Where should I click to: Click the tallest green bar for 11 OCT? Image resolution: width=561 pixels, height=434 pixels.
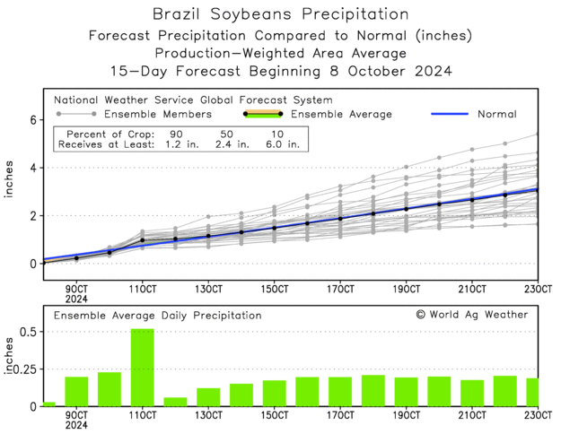[x=142, y=368]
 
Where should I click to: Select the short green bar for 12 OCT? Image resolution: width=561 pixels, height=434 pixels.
[x=175, y=402]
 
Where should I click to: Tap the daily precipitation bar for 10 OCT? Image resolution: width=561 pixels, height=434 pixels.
[x=110, y=389]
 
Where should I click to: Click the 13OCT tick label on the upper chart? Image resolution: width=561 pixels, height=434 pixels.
[x=208, y=289]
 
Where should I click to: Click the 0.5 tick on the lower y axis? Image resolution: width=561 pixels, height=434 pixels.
[x=27, y=332]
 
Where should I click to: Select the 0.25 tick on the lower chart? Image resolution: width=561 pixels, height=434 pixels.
[x=23, y=369]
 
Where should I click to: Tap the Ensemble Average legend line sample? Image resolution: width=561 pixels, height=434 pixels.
[x=262, y=115]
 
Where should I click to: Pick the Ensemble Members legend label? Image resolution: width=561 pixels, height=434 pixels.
[x=158, y=115]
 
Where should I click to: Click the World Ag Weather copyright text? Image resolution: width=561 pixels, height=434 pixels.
[x=472, y=315]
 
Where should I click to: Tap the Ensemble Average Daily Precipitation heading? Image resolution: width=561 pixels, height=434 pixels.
[x=157, y=316]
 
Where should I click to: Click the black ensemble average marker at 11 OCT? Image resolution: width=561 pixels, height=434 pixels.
[x=142, y=241]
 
